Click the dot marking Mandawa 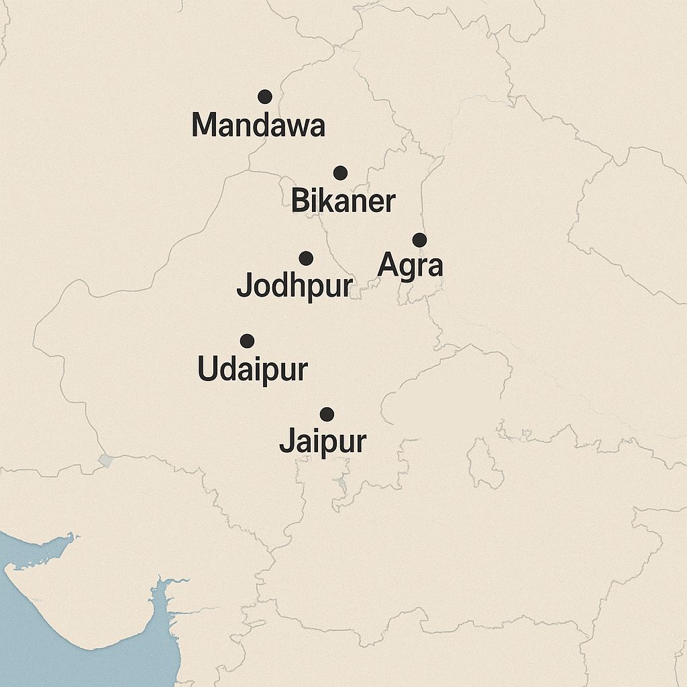pos(265,97)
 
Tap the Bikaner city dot pos(340,173)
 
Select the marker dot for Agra pos(419,240)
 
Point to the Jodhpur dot pos(306,258)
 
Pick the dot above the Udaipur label pos(247,341)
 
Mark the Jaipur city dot pos(327,414)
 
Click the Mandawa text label pos(258,125)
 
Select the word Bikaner pos(343,201)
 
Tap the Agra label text pos(411,266)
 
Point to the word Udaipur pos(253,370)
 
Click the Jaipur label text pos(323,442)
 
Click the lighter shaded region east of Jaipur pos(446,396)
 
